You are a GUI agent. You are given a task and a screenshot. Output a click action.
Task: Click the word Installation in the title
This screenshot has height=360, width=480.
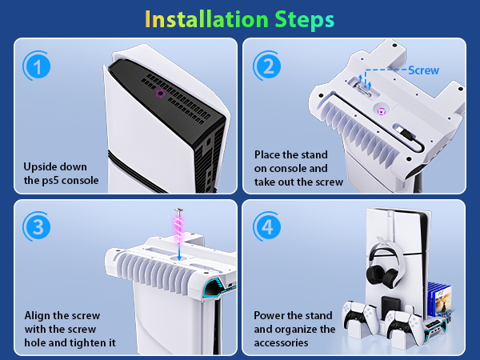[206, 19]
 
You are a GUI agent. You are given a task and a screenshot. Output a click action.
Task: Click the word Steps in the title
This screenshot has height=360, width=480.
[304, 20]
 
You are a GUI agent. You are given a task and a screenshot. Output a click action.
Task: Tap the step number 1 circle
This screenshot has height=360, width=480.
[37, 66]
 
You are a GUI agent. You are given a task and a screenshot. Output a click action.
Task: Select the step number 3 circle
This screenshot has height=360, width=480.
[37, 227]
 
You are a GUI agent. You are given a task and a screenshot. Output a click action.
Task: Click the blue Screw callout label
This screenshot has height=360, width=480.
[424, 70]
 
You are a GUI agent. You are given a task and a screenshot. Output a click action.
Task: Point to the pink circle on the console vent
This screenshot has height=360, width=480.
[160, 94]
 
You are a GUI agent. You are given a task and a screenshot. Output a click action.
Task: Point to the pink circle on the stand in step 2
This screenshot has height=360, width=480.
[381, 112]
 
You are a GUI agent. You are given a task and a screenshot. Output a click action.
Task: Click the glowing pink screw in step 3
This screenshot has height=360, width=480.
[178, 226]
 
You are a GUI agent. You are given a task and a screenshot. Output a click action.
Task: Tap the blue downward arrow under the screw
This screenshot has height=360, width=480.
[179, 252]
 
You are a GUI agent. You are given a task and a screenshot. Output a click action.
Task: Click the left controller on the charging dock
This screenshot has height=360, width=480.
[360, 316]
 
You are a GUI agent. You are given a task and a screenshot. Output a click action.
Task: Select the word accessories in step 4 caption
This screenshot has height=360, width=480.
[281, 343]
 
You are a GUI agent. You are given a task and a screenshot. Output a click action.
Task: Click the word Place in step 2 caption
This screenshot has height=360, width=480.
[267, 154]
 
